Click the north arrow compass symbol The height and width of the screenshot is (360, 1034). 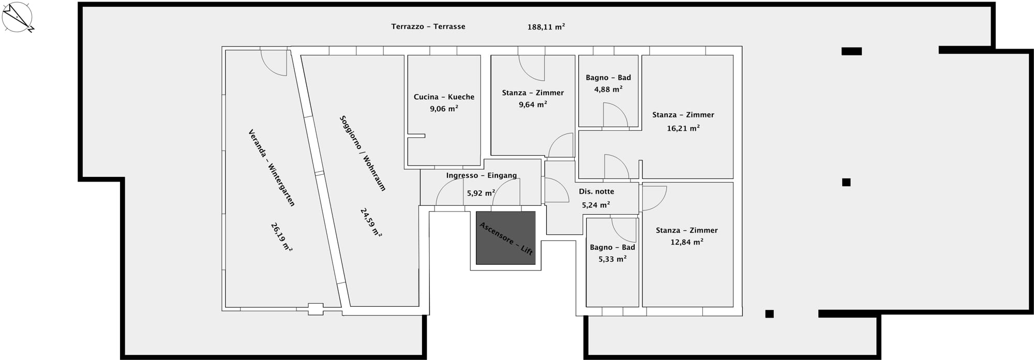18,17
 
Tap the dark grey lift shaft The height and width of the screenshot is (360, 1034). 505,238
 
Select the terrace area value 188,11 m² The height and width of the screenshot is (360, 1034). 546,27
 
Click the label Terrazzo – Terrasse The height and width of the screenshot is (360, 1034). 428,26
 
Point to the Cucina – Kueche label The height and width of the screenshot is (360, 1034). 444,97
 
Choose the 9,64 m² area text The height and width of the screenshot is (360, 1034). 533,104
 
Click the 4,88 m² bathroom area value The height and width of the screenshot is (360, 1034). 608,89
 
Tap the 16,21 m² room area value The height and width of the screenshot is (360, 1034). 683,128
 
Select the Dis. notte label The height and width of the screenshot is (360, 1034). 596,191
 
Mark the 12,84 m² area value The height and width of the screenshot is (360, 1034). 687,242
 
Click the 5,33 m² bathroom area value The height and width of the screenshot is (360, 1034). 612,259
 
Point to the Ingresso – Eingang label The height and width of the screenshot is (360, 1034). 481,175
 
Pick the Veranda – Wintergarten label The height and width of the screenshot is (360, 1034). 272,168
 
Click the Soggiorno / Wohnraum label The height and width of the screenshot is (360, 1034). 363,153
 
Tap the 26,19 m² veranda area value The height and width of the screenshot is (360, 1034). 281,237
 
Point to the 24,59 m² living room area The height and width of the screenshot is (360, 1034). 371,222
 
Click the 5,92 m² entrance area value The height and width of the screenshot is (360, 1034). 481,193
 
